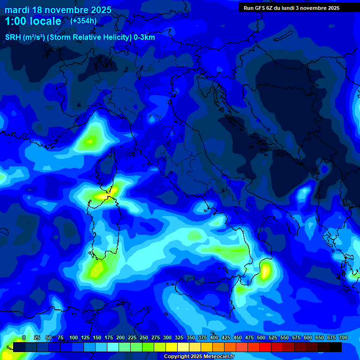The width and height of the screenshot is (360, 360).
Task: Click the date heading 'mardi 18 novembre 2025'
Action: point(58,10)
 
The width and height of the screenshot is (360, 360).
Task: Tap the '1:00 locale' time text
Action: point(33,21)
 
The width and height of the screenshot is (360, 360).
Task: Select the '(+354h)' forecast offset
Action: point(83,21)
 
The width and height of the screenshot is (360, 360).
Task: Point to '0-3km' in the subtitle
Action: point(144,37)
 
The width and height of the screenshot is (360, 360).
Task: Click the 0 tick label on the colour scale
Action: point(24,338)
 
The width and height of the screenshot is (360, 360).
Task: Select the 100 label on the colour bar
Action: point(74,338)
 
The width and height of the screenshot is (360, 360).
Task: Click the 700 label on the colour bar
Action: point(343,338)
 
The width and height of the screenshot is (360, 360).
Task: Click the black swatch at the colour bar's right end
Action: point(336,347)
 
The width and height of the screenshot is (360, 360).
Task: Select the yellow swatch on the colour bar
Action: point(172,347)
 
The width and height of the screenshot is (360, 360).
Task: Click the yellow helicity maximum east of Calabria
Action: point(265,271)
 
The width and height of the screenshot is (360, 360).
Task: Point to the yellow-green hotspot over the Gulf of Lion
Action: point(90,140)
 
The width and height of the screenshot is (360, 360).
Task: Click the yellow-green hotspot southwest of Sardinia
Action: point(97,270)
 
